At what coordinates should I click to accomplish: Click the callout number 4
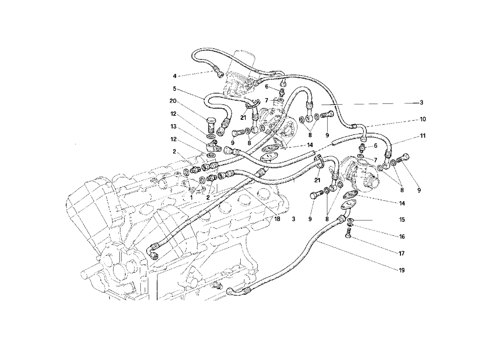(x=175, y=76)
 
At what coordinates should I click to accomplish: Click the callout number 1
(x=191, y=197)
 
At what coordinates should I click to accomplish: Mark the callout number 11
(x=423, y=135)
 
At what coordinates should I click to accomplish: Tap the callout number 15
(x=402, y=220)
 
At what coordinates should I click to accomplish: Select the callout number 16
(x=402, y=236)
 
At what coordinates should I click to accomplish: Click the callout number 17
(x=402, y=253)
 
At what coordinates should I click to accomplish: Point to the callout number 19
(x=402, y=270)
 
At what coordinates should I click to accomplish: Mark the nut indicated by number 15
(x=350, y=220)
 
